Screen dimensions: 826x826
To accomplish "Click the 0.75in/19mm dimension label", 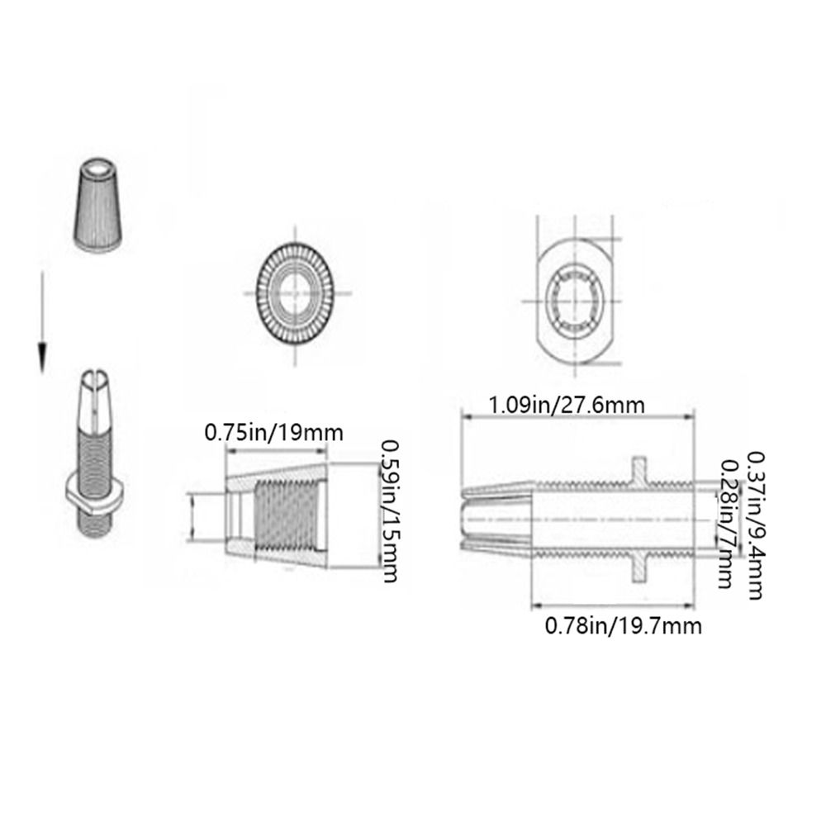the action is coord(274,433).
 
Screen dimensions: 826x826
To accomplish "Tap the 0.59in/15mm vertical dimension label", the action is coord(391,511).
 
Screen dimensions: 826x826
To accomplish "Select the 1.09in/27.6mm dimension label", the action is coord(567,406).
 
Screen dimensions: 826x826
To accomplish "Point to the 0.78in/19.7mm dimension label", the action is coord(623,626).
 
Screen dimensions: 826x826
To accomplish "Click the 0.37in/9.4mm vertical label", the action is coord(756,525).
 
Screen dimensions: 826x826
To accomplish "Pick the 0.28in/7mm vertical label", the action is coord(727,524).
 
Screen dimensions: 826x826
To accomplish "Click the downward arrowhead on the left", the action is coord(43,356).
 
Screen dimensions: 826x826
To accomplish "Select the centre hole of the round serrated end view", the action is coord(295,293).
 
